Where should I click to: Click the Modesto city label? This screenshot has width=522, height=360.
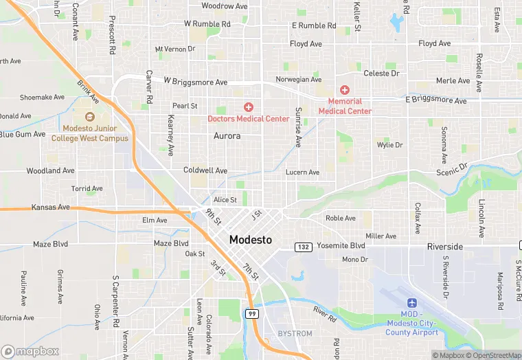coord(250,240)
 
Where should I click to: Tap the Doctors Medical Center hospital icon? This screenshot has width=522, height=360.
coord(249,107)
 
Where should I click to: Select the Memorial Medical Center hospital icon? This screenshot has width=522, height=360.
coord(345,91)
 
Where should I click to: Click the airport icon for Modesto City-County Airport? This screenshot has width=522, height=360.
coord(412,303)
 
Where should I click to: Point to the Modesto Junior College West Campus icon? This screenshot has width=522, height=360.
coord(90,116)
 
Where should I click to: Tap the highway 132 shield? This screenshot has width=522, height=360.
coord(303,247)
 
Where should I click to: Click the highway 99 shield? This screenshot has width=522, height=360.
coord(252,313)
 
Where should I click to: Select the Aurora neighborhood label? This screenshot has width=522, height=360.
coord(227,136)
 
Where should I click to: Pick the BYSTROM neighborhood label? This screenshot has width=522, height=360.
coord(295,334)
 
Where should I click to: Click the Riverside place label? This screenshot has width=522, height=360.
coord(444,246)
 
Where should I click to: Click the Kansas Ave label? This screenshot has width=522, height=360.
coord(50,207)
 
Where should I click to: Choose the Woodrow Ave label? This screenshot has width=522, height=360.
coord(224,6)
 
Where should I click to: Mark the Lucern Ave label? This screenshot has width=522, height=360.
coord(302,172)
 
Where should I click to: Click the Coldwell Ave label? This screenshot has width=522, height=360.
coord(205,170)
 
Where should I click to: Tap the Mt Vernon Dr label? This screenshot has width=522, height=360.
coord(175,49)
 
